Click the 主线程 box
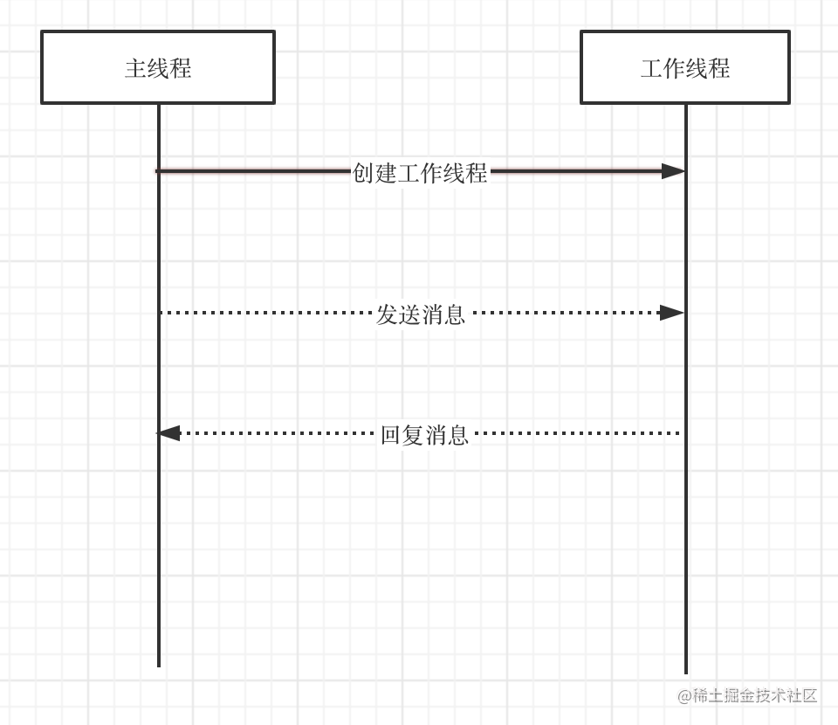(x=158, y=67)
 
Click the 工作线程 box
(x=685, y=67)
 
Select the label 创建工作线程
(x=420, y=172)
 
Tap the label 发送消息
(x=421, y=314)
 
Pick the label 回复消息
(x=425, y=434)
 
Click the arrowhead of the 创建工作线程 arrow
(x=673, y=171)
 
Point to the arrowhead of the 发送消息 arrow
(x=671, y=312)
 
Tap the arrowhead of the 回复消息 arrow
(x=168, y=433)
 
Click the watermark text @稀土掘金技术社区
(x=747, y=695)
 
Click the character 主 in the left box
(x=135, y=68)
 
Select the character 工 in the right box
(x=651, y=68)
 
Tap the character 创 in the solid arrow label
(x=363, y=172)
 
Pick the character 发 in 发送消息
(x=387, y=314)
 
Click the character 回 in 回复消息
(x=391, y=434)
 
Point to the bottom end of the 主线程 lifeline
(x=159, y=666)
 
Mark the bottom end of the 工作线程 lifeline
(x=686, y=673)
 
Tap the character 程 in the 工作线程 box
(x=719, y=68)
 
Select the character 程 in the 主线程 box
(x=181, y=68)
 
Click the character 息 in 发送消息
(x=455, y=314)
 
